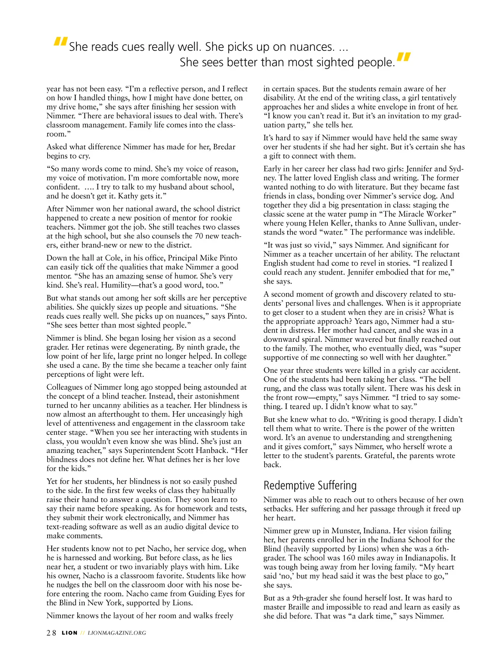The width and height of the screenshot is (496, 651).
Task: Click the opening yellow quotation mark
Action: [x=60, y=42]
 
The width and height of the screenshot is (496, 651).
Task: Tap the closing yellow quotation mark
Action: [x=403, y=58]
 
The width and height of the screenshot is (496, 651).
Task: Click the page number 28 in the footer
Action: [x=51, y=633]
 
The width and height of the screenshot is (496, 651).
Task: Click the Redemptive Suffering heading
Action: [x=310, y=485]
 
